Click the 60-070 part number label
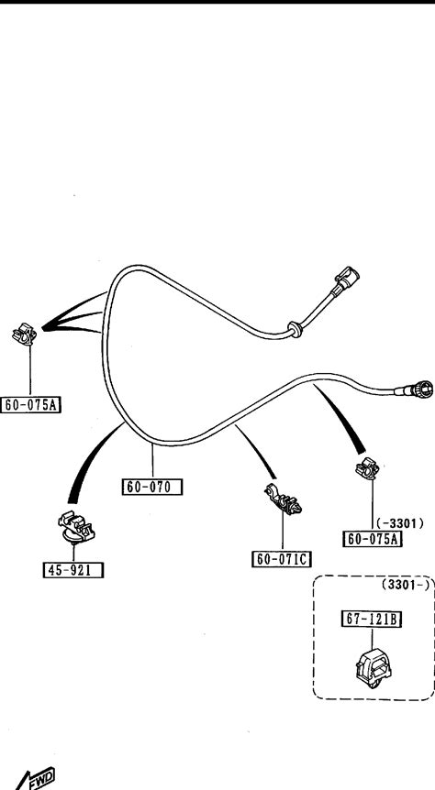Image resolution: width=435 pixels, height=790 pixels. click(152, 488)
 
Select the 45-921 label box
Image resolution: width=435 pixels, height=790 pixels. click(73, 570)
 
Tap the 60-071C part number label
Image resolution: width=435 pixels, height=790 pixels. click(282, 559)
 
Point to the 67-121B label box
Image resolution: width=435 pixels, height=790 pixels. click(373, 620)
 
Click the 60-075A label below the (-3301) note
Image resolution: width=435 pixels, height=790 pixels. click(373, 539)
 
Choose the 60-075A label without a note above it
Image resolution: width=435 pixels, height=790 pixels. click(31, 404)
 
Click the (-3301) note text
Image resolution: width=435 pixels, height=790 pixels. click(400, 524)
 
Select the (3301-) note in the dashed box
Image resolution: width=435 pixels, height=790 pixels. click(407, 585)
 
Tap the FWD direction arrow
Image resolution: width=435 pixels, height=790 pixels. click(34, 778)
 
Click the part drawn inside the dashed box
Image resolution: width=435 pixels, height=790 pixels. click(374, 669)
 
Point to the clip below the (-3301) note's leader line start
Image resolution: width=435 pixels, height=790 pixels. click(367, 468)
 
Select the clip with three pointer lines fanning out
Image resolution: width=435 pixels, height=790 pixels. click(24, 335)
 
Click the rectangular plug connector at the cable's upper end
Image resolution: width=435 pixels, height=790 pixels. click(345, 280)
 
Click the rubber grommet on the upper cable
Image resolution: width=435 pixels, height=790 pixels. click(295, 329)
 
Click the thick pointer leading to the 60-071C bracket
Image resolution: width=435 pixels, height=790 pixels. click(255, 452)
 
